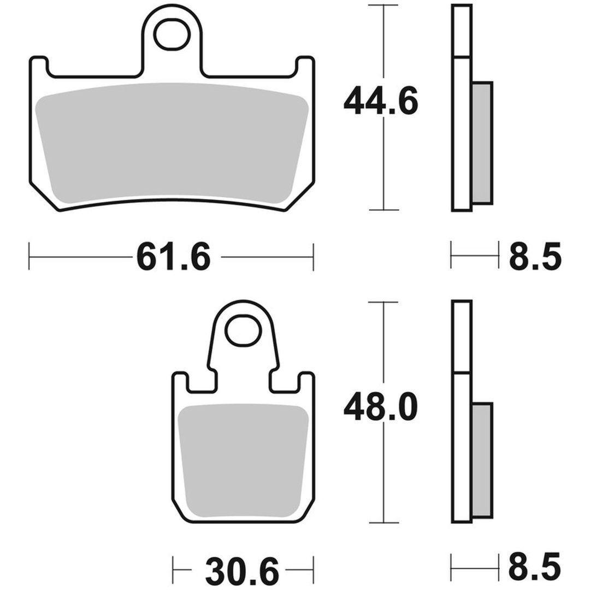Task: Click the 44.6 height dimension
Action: [x=381, y=101]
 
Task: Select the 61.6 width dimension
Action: [x=174, y=257]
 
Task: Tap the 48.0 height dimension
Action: [x=381, y=406]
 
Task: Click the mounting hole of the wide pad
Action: [x=172, y=34]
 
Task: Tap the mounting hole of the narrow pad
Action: [x=244, y=331]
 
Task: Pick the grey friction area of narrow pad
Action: [x=243, y=461]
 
